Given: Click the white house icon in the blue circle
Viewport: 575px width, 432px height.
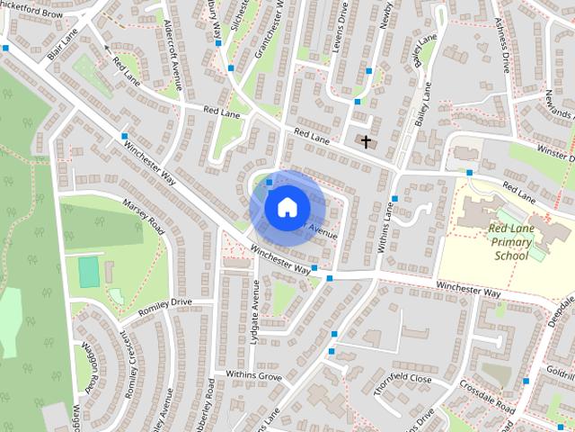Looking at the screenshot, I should (x=286, y=207).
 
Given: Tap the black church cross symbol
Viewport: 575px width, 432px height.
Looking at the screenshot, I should (x=366, y=141).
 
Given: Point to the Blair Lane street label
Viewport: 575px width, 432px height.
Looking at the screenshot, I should (x=64, y=43).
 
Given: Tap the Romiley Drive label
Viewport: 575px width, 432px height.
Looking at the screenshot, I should (x=165, y=303).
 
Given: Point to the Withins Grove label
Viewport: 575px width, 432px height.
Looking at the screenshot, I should (x=253, y=373).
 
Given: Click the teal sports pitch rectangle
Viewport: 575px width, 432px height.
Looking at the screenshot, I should (x=88, y=273).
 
